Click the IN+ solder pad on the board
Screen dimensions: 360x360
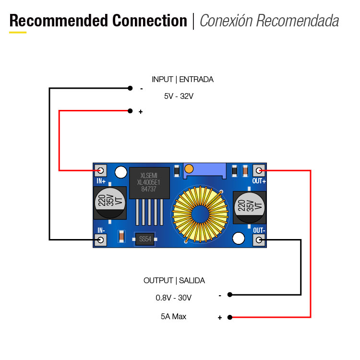pyautogui.click(x=101, y=170)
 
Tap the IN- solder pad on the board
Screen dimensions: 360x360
pyautogui.click(x=101, y=240)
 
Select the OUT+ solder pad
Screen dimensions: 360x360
pyautogui.click(x=259, y=170)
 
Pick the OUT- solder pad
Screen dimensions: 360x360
pyautogui.click(x=259, y=240)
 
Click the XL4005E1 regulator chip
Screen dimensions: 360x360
pyautogui.click(x=150, y=183)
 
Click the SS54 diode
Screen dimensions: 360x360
pyautogui.click(x=144, y=239)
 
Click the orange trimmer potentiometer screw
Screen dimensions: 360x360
pyautogui.click(x=189, y=168)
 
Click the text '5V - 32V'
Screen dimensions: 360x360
pyautogui.click(x=179, y=96)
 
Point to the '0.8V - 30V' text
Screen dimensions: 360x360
pyautogui.click(x=173, y=298)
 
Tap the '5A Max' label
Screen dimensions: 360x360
pyautogui.click(x=173, y=317)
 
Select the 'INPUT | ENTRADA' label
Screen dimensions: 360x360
pyautogui.click(x=182, y=80)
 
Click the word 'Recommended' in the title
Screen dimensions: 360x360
pyautogui.click(x=59, y=21)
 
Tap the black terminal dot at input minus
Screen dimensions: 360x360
pyautogui.click(x=130, y=88)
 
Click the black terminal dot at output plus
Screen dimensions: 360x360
pyautogui.click(x=230, y=317)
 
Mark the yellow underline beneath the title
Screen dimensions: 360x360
pyautogui.click(x=18, y=32)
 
